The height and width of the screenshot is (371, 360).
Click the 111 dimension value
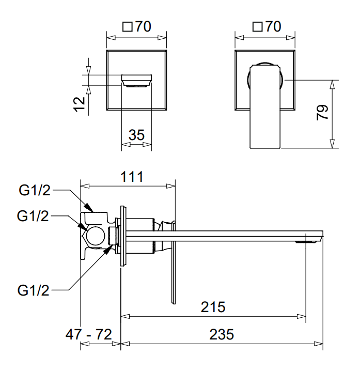pos(132,177)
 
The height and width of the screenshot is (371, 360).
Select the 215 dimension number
pos(213,306)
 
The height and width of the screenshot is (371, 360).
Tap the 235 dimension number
pos(222,334)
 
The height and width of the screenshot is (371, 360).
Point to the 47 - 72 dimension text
pos(89,334)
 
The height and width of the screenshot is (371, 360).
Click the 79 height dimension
pos(322,113)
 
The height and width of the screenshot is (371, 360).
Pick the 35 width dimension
pos(136,135)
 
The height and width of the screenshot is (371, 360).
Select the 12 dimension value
pos(79,103)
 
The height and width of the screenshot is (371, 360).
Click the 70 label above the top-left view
pos(143,27)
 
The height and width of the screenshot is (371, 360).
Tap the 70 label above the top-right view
pos(273,27)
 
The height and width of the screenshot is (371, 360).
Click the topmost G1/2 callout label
pos(35,191)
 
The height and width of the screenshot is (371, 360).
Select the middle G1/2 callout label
pos(33,215)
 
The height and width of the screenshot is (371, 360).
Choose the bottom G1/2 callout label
pos(33,290)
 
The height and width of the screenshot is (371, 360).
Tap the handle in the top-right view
pos(266,106)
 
